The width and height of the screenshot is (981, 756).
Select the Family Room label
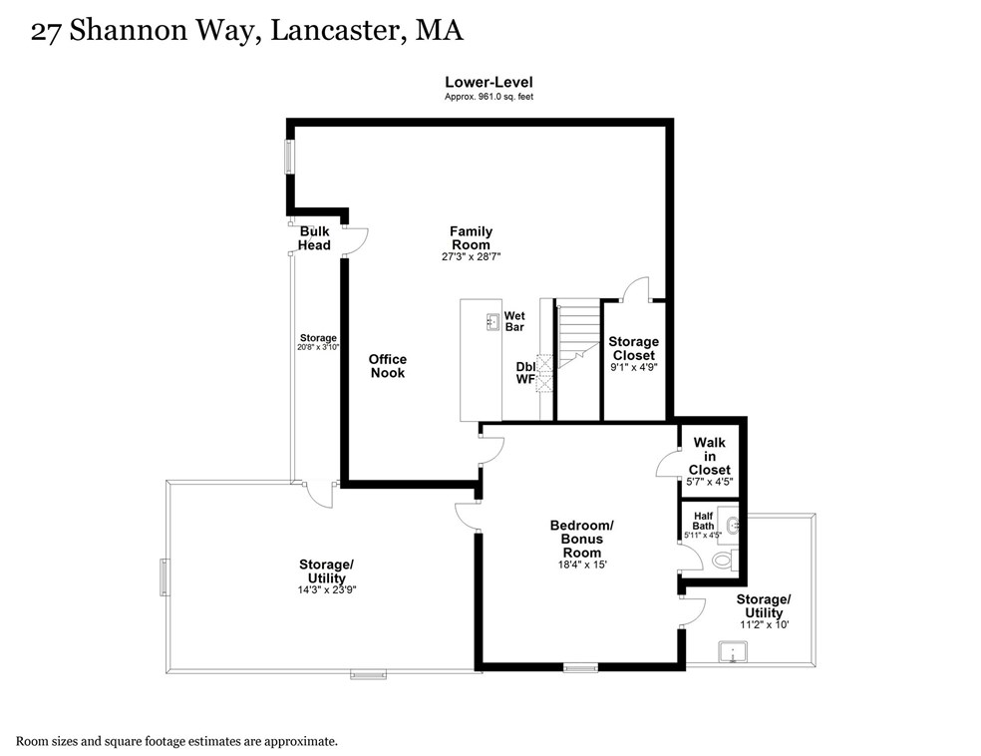(471, 237)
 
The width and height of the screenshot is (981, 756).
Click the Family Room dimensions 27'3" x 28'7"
(471, 256)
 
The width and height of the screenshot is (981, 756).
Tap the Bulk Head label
(314, 238)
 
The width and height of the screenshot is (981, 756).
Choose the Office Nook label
(387, 366)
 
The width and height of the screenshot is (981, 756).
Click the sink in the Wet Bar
(492, 321)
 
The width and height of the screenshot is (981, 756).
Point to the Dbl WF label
(525, 373)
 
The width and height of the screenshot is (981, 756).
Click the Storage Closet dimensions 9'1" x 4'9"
(633, 367)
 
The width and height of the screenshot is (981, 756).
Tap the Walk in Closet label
(709, 456)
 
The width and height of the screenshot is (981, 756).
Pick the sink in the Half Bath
(733, 523)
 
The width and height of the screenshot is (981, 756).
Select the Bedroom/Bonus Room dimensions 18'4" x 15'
(581, 565)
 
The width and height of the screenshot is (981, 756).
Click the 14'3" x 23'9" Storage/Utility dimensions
(326, 589)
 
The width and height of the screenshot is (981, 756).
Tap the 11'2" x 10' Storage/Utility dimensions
(764, 624)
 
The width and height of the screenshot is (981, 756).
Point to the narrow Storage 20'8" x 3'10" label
(318, 342)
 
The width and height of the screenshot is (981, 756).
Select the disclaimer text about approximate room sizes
(176, 741)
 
